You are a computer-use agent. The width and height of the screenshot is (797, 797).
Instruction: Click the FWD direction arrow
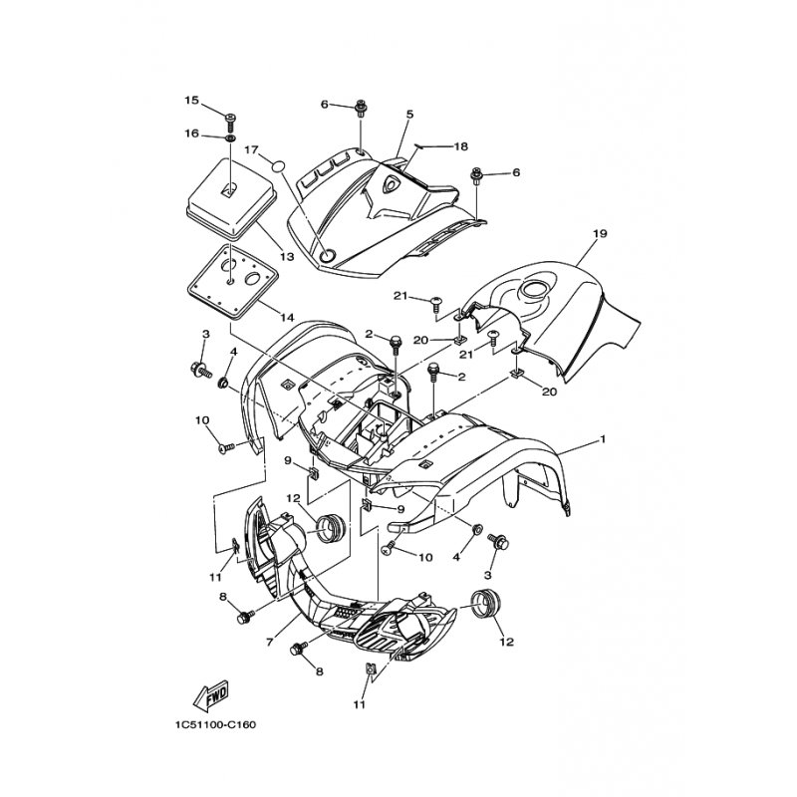point(211,694)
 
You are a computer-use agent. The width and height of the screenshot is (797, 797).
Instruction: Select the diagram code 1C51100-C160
point(215,725)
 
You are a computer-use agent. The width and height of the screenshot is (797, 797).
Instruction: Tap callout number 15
point(191,101)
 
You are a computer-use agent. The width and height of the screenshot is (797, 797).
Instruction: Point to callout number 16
point(191,133)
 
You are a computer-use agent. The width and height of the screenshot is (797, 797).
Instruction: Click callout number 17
point(252,150)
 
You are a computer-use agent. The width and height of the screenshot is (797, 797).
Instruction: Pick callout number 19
point(600,234)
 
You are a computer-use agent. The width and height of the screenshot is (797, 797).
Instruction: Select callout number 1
point(604,438)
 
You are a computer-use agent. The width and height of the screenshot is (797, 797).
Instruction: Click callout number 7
point(269,643)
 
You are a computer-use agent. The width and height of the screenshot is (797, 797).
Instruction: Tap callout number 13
point(287,257)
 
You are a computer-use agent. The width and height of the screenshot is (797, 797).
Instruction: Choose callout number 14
point(287,318)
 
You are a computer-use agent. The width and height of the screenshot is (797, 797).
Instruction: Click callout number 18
point(460,146)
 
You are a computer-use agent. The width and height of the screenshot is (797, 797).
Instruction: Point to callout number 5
point(409,115)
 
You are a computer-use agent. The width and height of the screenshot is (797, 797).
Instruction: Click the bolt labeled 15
point(230,120)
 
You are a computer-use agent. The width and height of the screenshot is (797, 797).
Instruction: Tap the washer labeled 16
point(230,138)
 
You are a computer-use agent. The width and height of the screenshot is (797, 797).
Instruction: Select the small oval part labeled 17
point(277,165)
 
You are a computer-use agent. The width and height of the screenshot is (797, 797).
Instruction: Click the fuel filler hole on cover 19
point(532,290)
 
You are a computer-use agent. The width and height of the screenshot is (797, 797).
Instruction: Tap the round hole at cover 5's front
point(327,256)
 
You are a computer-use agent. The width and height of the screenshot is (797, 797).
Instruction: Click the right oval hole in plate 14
point(253,279)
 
